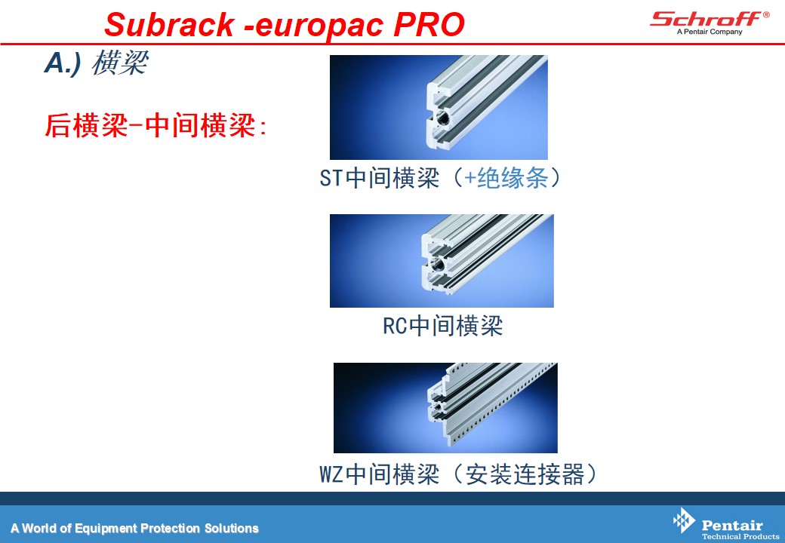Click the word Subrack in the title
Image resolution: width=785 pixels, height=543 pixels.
169,24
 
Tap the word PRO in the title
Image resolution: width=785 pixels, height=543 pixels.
429,24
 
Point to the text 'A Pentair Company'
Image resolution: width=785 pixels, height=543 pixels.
710,32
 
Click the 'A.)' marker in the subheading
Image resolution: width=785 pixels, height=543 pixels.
63,64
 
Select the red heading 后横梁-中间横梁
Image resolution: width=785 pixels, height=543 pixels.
155,125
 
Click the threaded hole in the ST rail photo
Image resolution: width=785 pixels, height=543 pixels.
442,118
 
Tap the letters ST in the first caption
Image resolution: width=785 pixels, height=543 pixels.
331,178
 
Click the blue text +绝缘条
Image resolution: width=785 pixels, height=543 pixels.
505,178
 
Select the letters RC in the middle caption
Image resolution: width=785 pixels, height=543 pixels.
395,326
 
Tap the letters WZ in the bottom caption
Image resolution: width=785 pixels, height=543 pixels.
331,474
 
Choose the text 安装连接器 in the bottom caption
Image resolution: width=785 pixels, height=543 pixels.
525,474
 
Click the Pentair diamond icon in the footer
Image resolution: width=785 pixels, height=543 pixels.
684,520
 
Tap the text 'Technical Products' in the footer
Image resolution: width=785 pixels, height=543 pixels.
740,536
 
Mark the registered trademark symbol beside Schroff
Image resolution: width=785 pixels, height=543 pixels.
766,14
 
